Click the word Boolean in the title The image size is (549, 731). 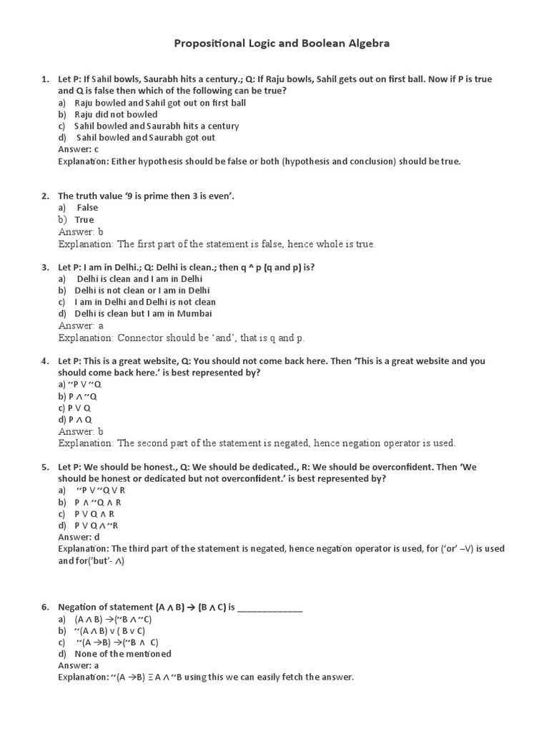(x=322, y=44)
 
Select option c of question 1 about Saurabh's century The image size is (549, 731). (x=157, y=126)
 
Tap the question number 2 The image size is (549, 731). (x=44, y=196)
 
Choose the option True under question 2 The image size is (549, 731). (x=84, y=220)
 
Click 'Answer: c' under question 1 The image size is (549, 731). (x=78, y=149)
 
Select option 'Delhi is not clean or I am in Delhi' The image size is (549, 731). (x=142, y=291)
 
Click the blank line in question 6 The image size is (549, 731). (x=269, y=608)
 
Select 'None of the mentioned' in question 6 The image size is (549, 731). (x=123, y=653)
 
